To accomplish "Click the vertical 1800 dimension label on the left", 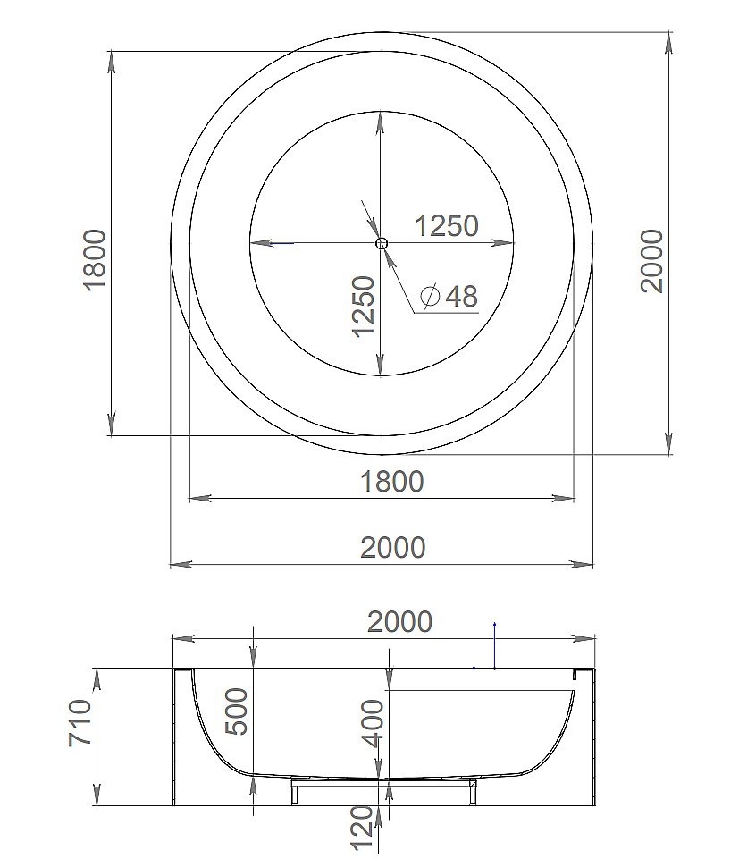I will (x=94, y=259).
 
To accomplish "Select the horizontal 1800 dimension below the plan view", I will (x=391, y=481).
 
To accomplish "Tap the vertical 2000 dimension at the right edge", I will (x=652, y=260).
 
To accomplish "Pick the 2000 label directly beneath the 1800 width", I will (x=393, y=547).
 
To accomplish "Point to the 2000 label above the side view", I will (x=399, y=621).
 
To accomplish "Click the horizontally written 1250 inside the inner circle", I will (x=447, y=226).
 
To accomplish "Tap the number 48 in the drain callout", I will (x=461, y=296).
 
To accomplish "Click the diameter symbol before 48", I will (x=429, y=296).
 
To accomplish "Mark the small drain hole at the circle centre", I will (x=382, y=243).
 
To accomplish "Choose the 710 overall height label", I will (x=80, y=725).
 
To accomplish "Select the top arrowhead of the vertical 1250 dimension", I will (x=381, y=122).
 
